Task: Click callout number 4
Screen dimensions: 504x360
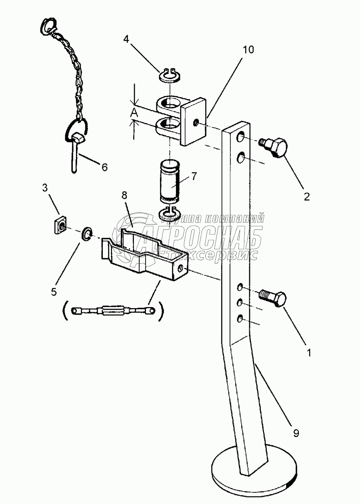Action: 126,39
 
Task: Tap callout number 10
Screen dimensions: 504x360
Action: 248,50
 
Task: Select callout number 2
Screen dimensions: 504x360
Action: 306,196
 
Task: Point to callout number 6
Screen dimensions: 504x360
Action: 104,167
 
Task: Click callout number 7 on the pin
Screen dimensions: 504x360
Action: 194,176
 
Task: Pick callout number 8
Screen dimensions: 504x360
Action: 124,196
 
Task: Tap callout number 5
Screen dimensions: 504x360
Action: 54,291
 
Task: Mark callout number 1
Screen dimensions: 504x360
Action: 308,353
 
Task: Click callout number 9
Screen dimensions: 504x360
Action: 296,433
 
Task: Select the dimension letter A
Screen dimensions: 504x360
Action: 134,114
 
